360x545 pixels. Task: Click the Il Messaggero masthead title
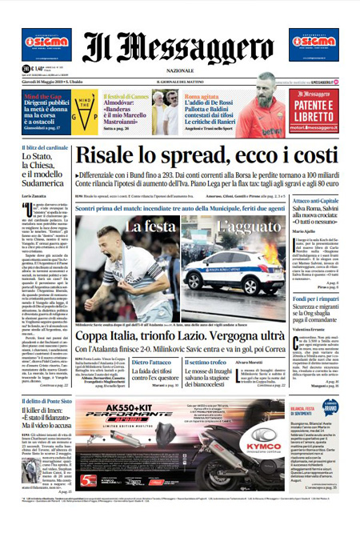179,48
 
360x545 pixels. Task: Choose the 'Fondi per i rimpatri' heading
316,299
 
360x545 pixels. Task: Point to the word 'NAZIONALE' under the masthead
181,70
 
